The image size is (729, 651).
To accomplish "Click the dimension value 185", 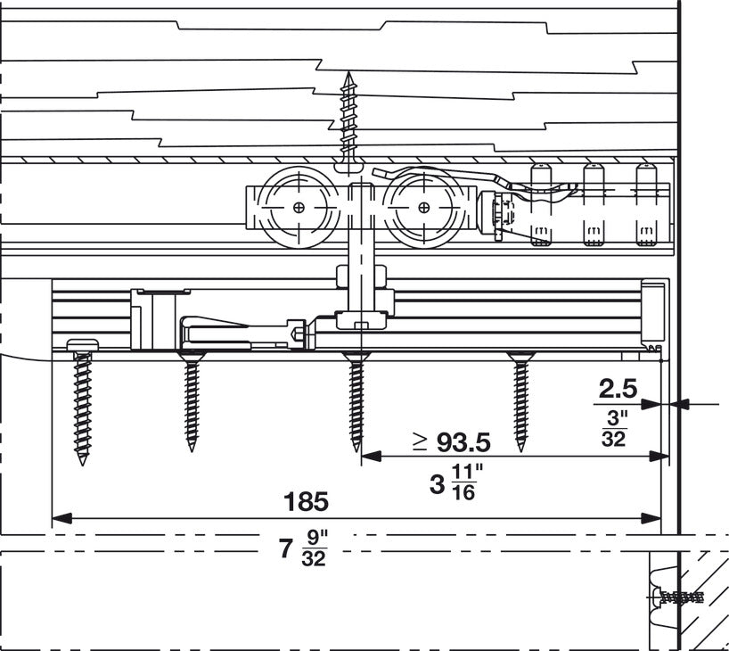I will [x=306, y=501].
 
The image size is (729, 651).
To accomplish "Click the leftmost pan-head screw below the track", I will [x=81, y=401].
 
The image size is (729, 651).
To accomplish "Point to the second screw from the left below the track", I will [x=191, y=401].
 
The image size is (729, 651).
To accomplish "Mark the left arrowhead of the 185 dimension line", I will [x=59, y=517].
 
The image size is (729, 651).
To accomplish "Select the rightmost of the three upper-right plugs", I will [x=643, y=205].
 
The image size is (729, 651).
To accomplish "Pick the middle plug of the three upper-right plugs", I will [x=592, y=205].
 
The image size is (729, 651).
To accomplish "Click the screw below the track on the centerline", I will [x=356, y=401].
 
